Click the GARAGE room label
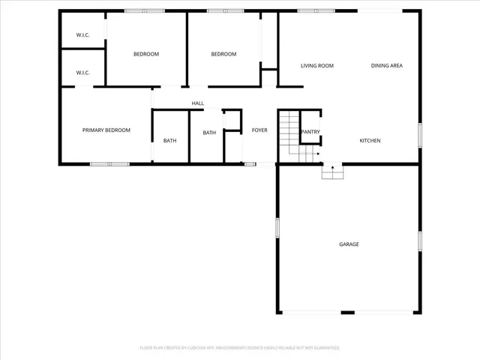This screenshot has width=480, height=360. (x=349, y=244)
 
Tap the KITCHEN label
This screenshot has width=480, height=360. (x=370, y=141)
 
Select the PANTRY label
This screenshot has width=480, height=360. (x=310, y=133)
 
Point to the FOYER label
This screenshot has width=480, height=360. (x=259, y=130)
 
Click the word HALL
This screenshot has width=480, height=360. (x=198, y=103)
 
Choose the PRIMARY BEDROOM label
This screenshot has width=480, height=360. (x=106, y=130)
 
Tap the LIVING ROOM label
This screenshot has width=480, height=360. (x=316, y=66)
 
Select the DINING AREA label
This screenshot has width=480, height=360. (x=387, y=66)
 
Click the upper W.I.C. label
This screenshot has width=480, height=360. (x=82, y=36)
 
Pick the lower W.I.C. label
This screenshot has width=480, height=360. (x=82, y=73)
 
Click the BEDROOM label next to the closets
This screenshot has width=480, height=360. (x=146, y=54)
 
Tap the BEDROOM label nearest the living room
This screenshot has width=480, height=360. (x=223, y=54)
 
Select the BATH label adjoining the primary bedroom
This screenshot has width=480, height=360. (x=170, y=141)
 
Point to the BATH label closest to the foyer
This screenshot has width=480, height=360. (x=208, y=133)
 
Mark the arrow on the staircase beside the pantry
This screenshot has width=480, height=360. (x=317, y=154)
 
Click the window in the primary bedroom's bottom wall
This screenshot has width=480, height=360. (x=109, y=163)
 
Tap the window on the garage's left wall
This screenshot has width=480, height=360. (x=277, y=228)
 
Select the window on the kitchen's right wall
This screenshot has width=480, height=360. (x=419, y=134)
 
